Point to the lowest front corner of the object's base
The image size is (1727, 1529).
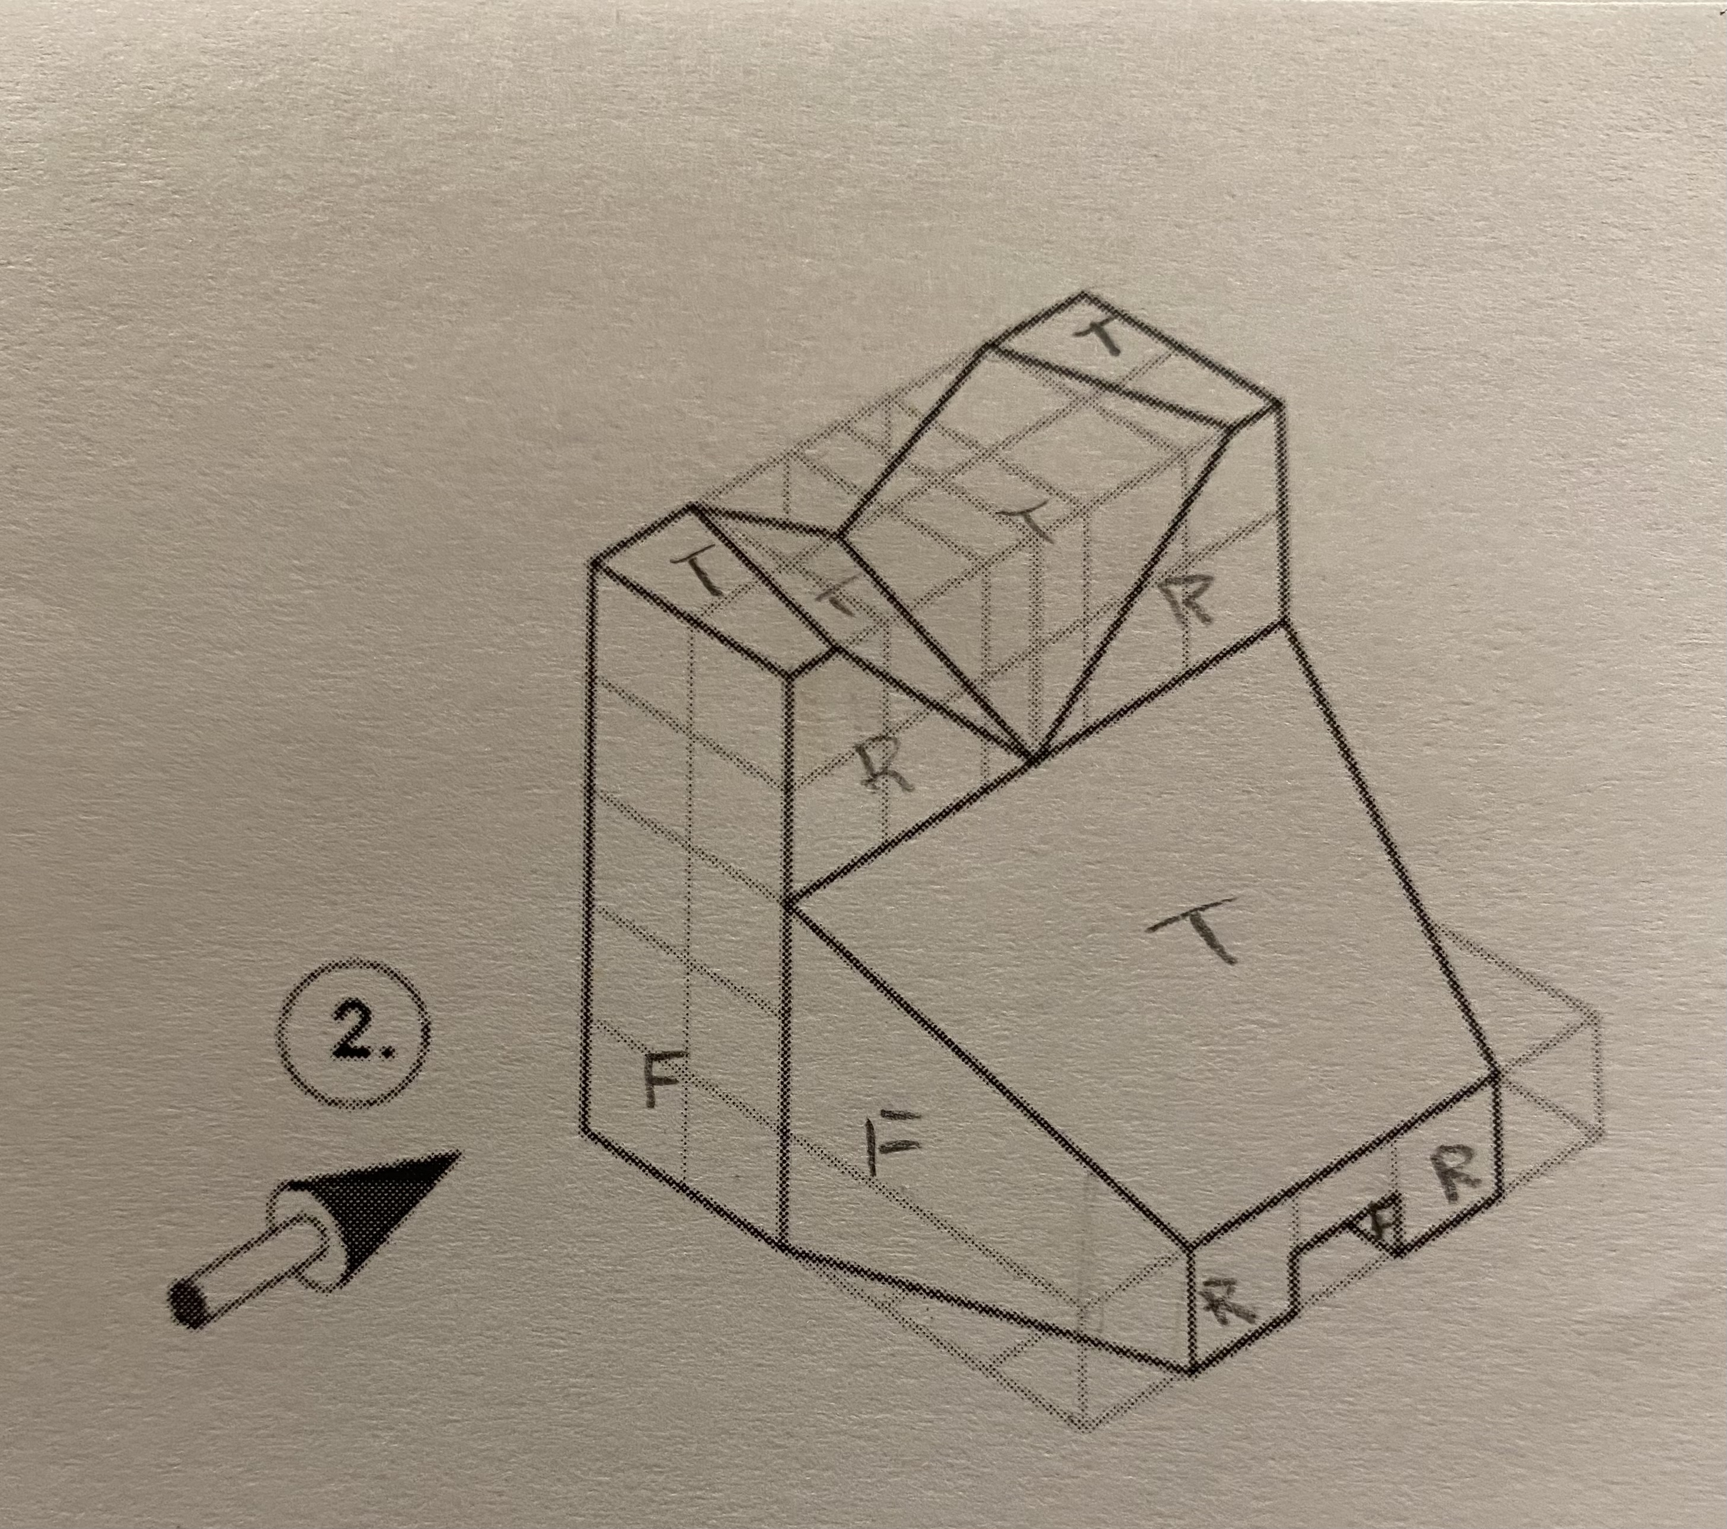(x=1192, y=1371)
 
